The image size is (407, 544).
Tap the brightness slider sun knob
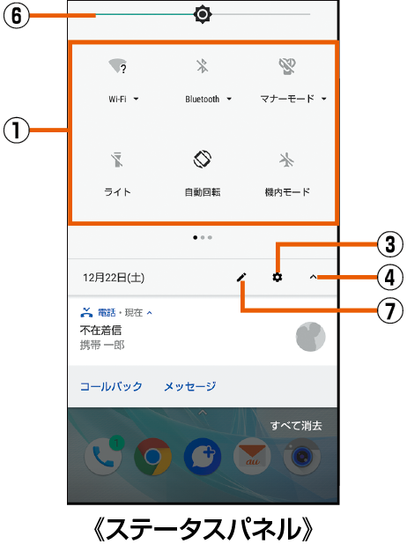[x=203, y=14]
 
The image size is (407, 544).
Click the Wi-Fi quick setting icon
[x=117, y=66]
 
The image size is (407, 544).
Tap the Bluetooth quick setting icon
[x=202, y=66]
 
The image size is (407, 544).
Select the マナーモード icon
[x=287, y=66]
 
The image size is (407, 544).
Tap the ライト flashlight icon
[x=117, y=160]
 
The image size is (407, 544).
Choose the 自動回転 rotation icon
[x=203, y=160]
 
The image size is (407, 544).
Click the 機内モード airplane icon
[x=287, y=160]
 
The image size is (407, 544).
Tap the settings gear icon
[x=277, y=277]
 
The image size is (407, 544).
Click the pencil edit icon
[x=241, y=277]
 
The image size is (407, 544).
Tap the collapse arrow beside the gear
[x=313, y=277]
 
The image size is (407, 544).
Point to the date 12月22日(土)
[x=114, y=278]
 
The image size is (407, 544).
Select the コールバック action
[x=111, y=386]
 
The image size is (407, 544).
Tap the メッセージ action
[x=189, y=386]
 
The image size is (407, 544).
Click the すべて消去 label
[x=296, y=426]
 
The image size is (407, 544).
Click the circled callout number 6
[x=18, y=15]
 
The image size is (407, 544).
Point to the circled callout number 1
[x=18, y=132]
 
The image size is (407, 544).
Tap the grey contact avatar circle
[x=310, y=337]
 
